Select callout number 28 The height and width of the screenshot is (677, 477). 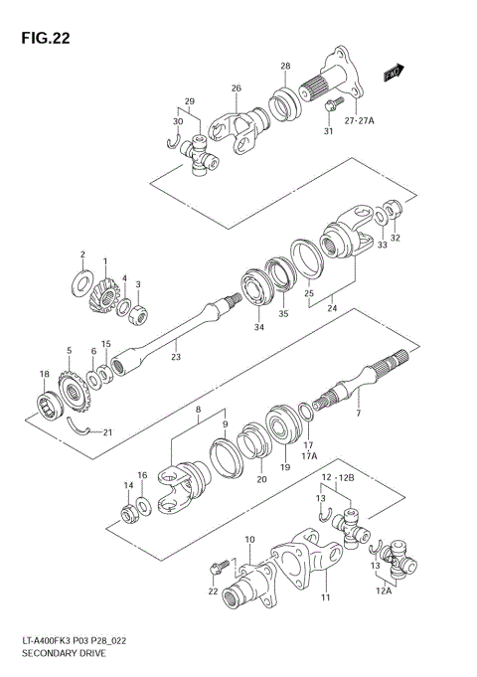click(x=285, y=66)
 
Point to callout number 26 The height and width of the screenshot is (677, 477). click(x=237, y=88)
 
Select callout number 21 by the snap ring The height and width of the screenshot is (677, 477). click(x=107, y=430)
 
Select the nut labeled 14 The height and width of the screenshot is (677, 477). click(x=128, y=514)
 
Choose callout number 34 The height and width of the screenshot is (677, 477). click(x=258, y=326)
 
